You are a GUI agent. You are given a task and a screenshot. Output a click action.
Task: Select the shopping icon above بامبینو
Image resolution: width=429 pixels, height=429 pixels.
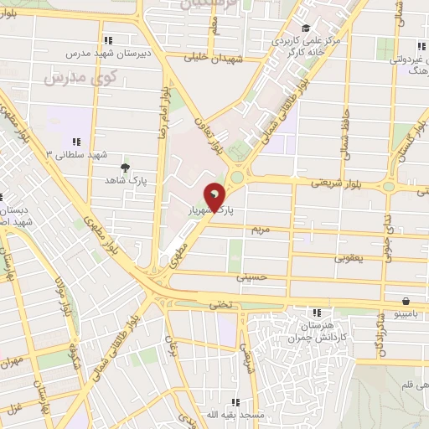406,301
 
